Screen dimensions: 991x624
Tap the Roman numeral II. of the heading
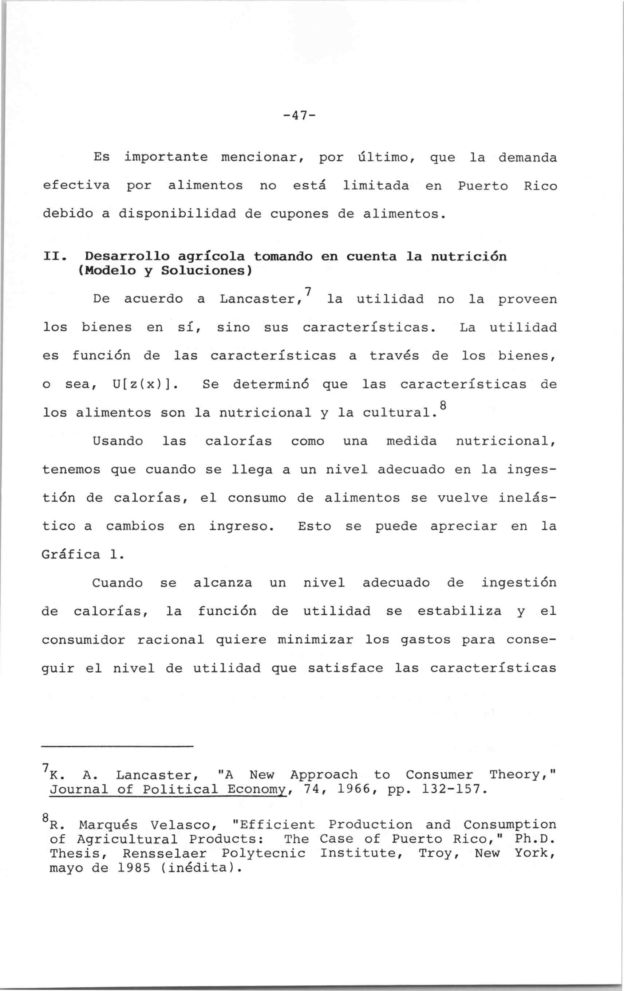pyautogui.click(x=55, y=257)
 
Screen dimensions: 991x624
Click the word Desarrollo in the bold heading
pyautogui.click(x=127, y=257)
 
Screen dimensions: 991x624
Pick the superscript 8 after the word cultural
pyautogui.click(x=443, y=404)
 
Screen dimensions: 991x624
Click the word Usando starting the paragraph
pyautogui.click(x=118, y=442)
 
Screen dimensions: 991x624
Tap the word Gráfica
pyautogui.click(x=71, y=555)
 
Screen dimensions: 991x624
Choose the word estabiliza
pyautogui.click(x=459, y=612)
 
